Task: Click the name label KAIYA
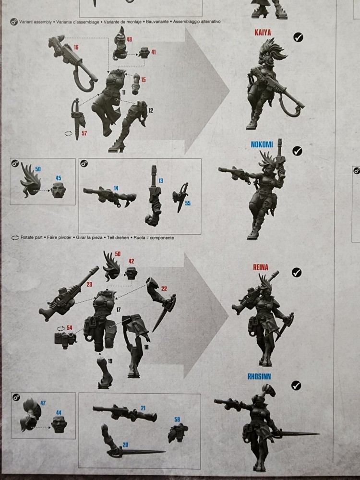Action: coord(263,33)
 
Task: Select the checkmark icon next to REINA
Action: coord(297,273)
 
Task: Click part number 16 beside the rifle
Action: coord(76,47)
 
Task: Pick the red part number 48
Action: coord(129,39)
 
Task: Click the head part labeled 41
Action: coord(145,53)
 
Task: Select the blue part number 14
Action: coord(116,188)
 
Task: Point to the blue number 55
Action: coord(188,203)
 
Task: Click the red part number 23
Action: coord(89,284)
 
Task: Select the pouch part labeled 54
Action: coord(65,338)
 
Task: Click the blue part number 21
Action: coord(143,408)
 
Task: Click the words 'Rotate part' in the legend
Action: coord(33,238)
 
